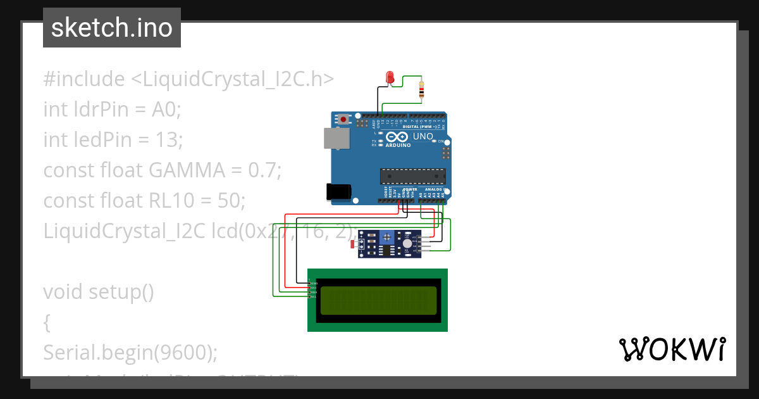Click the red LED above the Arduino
390,78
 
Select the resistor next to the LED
421,91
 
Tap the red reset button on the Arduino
343,119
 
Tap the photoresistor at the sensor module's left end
354,244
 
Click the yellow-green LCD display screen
378,300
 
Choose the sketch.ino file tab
112,28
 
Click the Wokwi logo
672,349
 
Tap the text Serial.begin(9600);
130,352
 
